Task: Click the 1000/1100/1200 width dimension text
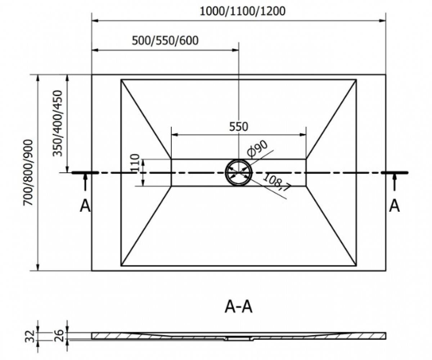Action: [243, 12]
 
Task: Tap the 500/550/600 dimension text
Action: [165, 41]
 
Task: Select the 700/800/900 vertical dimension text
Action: [28, 172]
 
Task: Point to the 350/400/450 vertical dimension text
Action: [57, 123]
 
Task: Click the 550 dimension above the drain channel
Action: [238, 127]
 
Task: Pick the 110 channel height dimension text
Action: [135, 162]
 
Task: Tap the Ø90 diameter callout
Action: [257, 149]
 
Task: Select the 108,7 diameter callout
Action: [277, 182]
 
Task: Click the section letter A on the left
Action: [85, 206]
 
